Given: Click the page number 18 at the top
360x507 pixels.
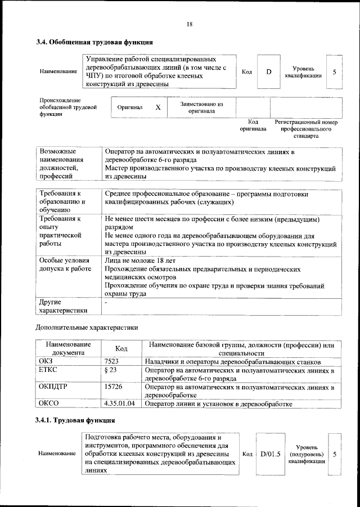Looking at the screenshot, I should (x=190, y=24).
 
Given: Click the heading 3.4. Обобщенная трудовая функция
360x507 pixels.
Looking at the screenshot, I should (x=94, y=42).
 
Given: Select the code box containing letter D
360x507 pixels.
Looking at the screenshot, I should (x=268, y=72).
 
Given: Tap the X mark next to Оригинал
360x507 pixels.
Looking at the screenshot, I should (x=158, y=107).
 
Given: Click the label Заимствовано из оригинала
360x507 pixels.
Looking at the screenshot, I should (x=202, y=107).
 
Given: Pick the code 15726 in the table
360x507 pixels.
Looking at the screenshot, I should (x=114, y=387).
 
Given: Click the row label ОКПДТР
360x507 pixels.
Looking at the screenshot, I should (x=54, y=387).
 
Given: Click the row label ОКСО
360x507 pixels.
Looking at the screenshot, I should (x=48, y=403).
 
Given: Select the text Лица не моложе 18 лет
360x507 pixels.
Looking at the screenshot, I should (x=140, y=261).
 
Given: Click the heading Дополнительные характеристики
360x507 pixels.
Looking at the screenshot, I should (x=87, y=327).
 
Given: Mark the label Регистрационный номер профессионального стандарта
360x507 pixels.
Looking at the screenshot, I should (x=305, y=129).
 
